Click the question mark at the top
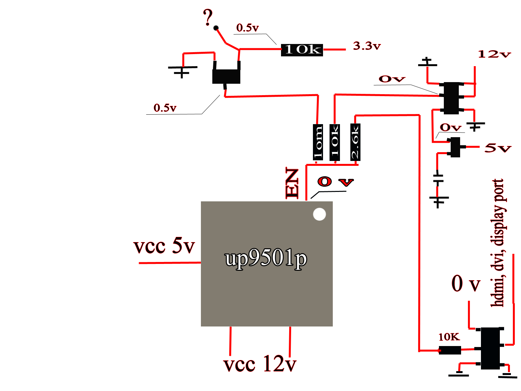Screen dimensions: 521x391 coord(208,17)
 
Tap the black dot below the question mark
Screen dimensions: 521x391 coord(216,28)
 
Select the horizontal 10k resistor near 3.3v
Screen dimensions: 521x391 coord(302,50)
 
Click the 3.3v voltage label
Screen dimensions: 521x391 coord(367,46)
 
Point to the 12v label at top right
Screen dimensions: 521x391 coord(494,54)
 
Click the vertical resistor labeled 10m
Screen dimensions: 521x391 coord(318,142)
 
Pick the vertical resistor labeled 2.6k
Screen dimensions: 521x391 coord(355,142)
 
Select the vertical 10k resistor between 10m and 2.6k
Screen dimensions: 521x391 coord(335,142)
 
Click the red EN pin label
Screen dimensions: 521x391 coord(292,182)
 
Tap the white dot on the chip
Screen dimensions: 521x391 coord(319,214)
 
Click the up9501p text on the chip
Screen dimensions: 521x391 coord(266,258)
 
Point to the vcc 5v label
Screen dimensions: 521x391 coord(164,245)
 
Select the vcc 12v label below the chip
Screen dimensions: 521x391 coord(260,363)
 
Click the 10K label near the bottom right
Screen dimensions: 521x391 coord(449,337)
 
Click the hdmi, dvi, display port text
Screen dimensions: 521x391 coord(498,243)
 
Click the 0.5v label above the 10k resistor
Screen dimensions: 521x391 coord(247,28)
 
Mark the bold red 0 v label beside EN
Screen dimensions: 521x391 coord(335,181)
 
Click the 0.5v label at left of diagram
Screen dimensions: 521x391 coord(165,108)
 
